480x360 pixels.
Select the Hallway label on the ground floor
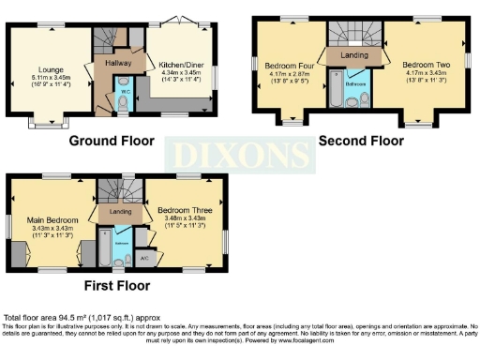pos(117,64)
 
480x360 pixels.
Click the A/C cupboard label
pos(143,256)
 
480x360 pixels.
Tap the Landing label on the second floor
pos(354,55)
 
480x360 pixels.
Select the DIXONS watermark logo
pos(240,153)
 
